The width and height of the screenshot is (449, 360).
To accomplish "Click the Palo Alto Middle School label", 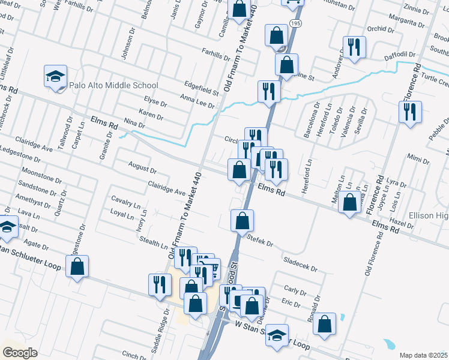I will click(113, 85).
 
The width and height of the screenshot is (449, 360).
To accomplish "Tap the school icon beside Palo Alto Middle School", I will click(55, 77).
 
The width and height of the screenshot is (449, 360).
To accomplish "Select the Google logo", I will click(20, 353).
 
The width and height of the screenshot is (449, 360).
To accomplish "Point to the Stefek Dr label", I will click(261, 241).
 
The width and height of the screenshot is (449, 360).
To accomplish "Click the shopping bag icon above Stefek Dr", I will click(242, 220).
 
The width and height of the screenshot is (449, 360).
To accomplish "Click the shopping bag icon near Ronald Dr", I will click(325, 324).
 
